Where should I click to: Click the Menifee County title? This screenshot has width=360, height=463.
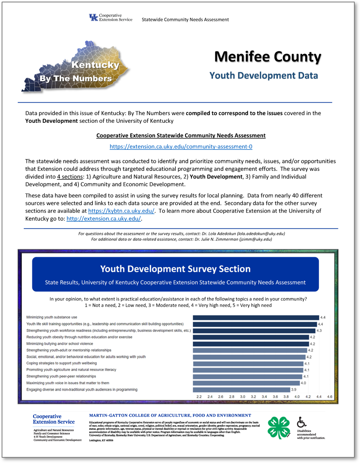coord(267,57)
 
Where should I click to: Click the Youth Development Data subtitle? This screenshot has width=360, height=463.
coord(263,76)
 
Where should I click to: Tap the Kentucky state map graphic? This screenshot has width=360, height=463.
coord(77,67)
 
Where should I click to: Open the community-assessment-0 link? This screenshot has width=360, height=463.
coord(181,146)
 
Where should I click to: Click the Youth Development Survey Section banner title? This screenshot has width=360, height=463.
coord(175,269)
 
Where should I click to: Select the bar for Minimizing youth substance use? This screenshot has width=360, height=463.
coord(256,317)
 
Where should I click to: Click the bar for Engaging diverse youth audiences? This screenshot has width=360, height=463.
coord(241,389)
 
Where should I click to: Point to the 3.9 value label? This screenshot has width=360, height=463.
coord(294,389)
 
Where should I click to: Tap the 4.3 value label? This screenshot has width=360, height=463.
coord(319,330)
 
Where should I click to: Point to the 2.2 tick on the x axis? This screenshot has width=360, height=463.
coord(199,397)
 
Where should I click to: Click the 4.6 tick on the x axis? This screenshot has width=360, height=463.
coord(330,397)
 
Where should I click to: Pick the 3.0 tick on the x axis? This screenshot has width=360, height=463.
coord(242,397)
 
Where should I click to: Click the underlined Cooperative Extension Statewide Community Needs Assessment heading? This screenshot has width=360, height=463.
coord(181,135)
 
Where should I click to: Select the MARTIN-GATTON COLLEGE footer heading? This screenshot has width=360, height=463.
coord(170,415)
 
